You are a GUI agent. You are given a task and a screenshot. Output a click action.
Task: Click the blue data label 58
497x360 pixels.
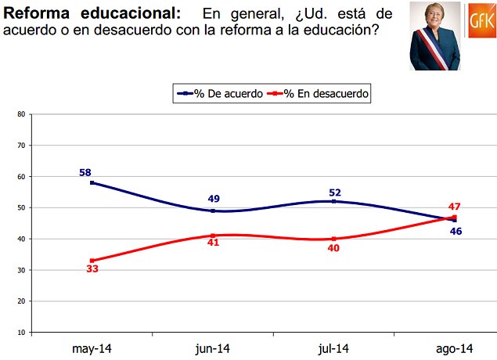point(86,172)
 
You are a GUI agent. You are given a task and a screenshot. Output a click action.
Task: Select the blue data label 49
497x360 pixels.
point(213,200)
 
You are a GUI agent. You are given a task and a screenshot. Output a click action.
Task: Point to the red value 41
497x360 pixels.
point(213,243)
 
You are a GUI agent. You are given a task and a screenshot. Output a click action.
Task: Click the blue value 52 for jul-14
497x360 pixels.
point(334,191)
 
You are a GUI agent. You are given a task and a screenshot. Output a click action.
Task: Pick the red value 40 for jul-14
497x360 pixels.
point(334,249)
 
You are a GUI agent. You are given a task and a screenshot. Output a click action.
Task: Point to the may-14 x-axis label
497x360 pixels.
point(92,348)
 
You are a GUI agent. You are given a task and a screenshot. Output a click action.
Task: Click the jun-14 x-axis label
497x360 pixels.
point(213,348)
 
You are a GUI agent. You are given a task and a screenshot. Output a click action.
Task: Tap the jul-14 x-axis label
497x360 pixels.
point(334,348)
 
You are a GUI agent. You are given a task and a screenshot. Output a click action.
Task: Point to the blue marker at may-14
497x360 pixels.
point(92,182)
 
